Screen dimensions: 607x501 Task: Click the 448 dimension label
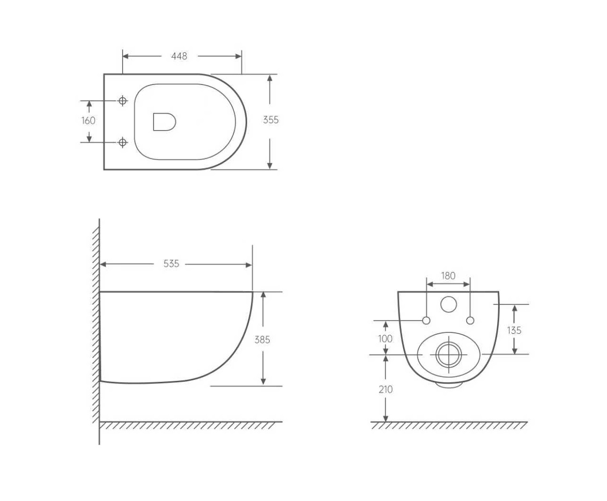click(179, 56)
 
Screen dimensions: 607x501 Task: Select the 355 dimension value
click(270, 120)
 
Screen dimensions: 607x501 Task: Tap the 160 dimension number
click(88, 121)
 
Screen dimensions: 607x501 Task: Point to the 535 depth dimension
click(171, 264)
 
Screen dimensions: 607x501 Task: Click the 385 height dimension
click(262, 340)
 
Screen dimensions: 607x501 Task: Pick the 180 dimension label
click(448, 276)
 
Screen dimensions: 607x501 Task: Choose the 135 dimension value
click(514, 330)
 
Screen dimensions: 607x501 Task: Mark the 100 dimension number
click(385, 339)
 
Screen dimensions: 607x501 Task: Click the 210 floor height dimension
click(385, 389)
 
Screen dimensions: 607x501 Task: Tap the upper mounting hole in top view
click(123, 101)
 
